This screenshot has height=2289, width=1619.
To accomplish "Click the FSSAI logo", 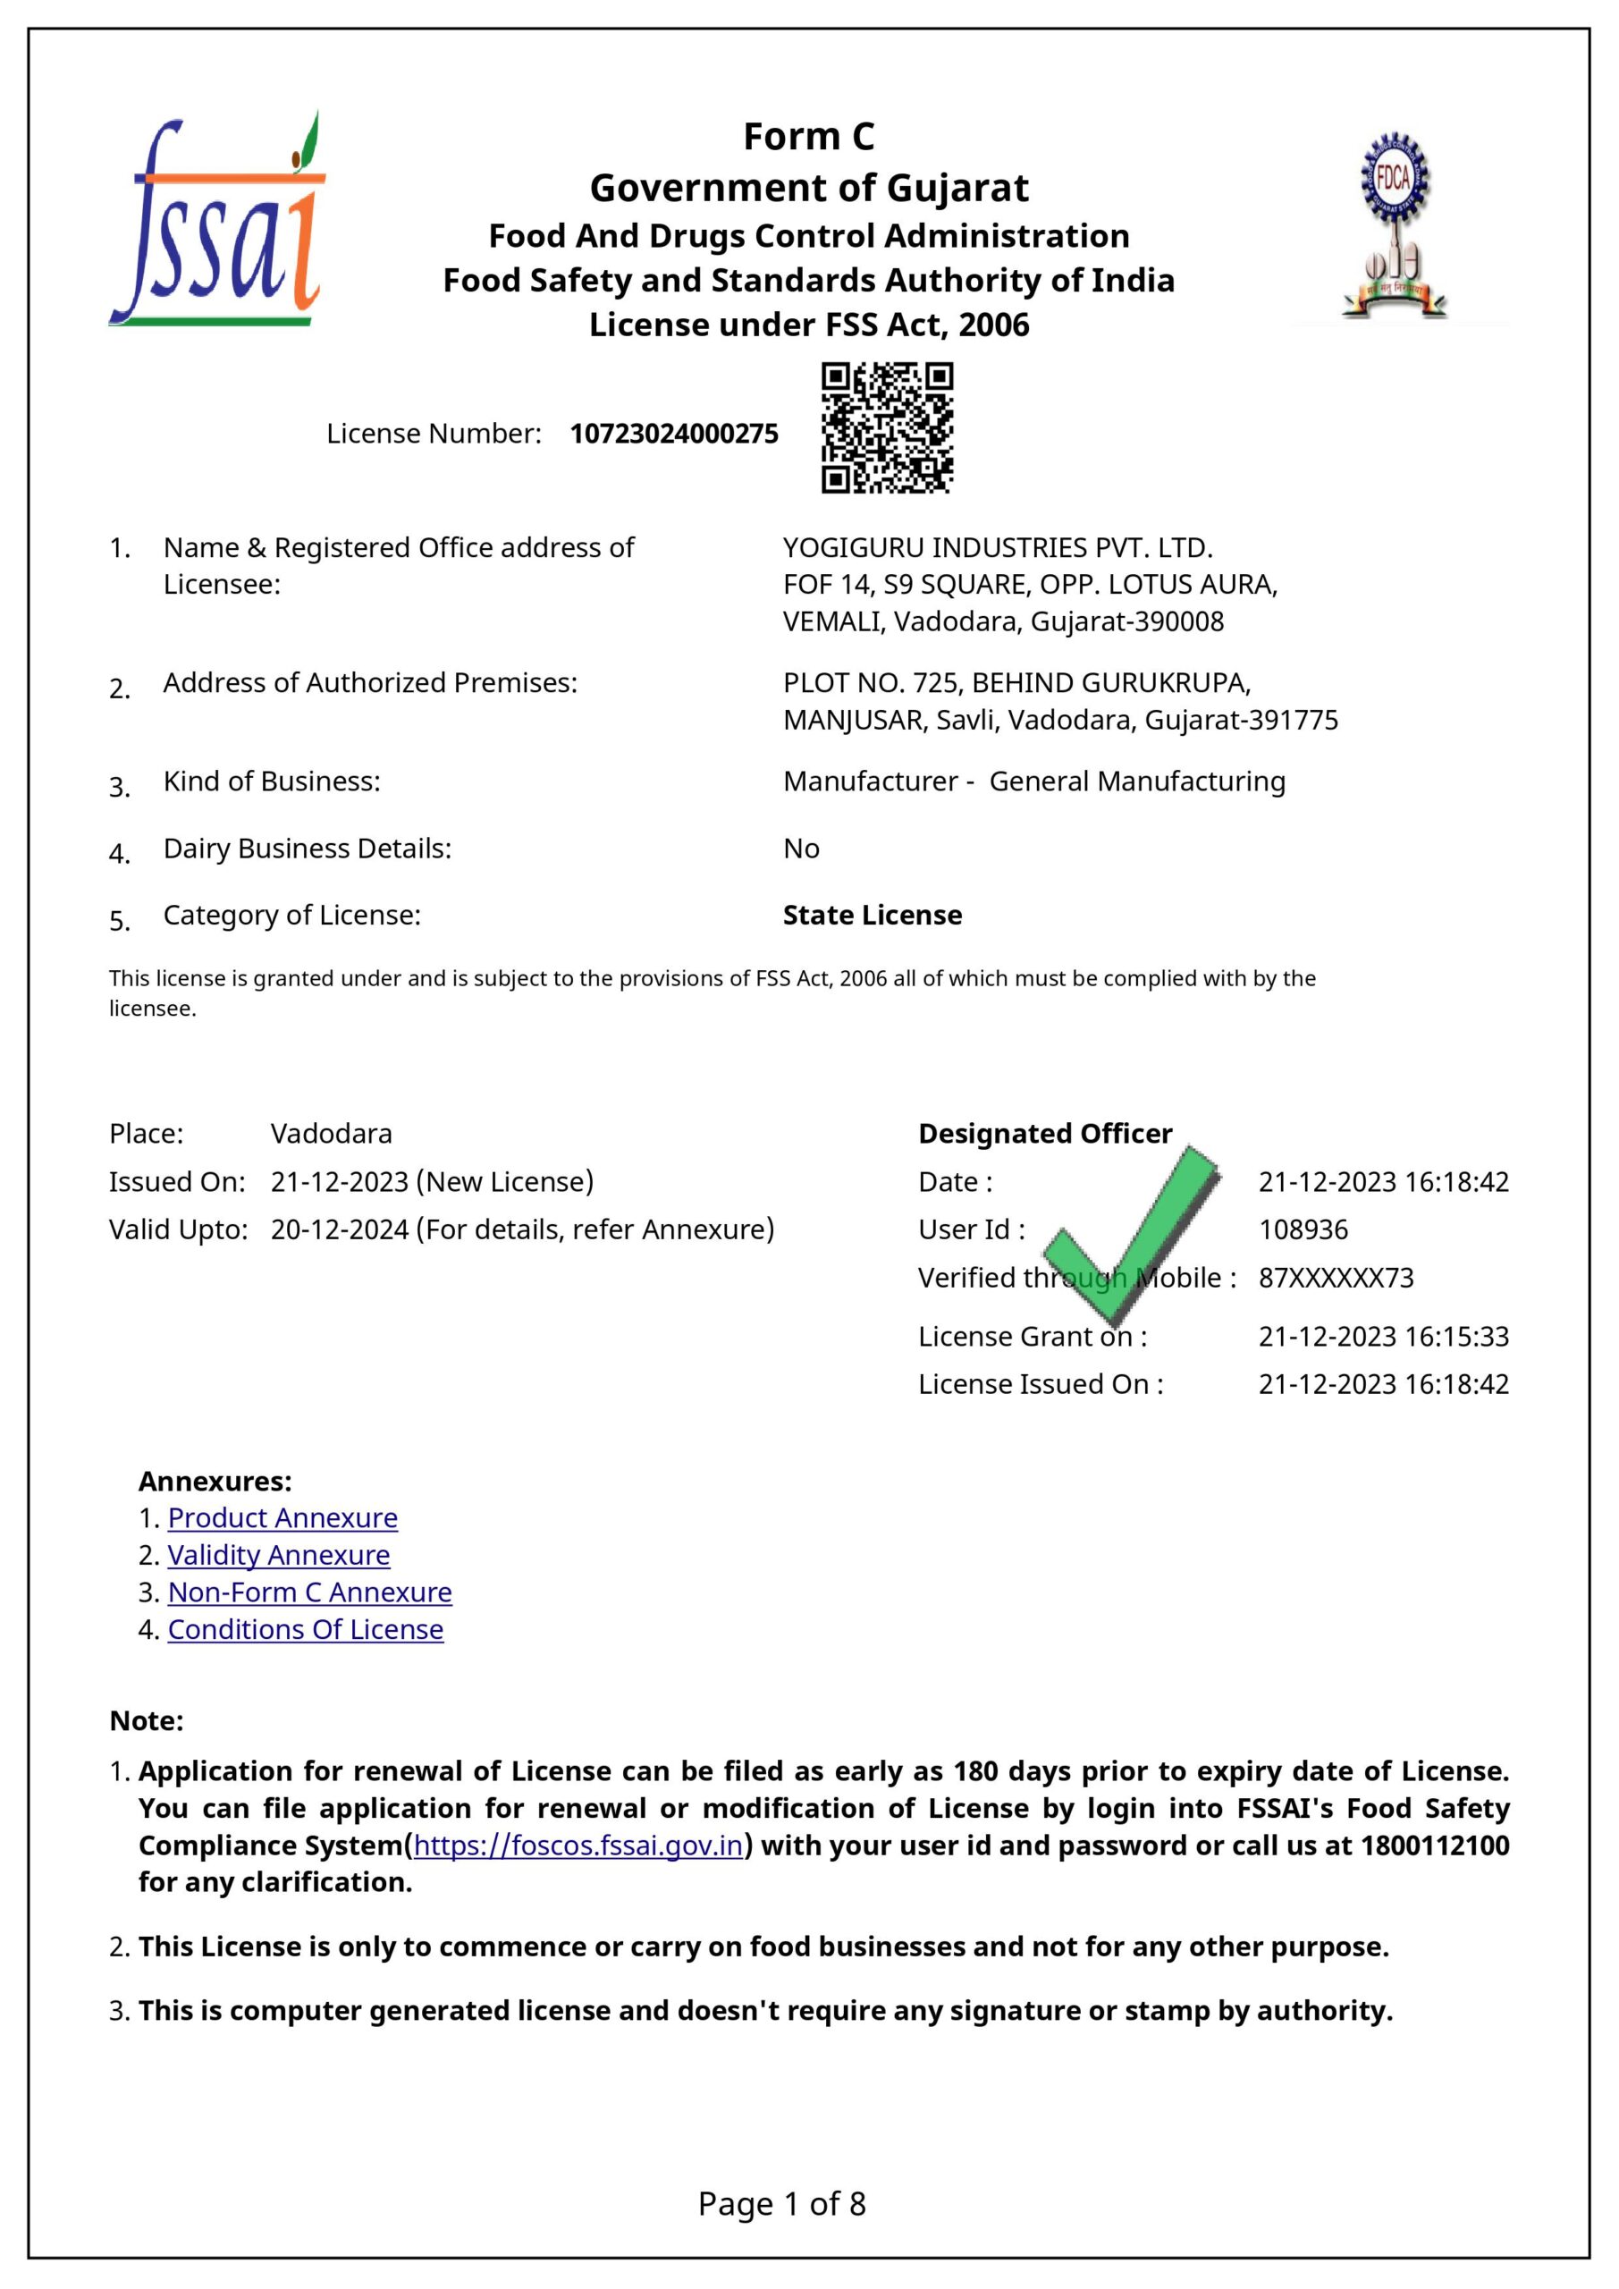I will point(217,222).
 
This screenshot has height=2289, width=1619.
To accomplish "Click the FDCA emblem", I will point(1394,228).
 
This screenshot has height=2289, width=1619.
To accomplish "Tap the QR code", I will point(886,427).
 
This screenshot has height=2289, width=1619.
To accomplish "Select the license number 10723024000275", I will point(674,434).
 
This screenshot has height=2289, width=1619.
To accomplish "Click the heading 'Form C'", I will point(808,137).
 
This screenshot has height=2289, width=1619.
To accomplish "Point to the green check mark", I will point(1132,1231).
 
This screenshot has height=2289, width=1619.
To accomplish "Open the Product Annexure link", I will point(282,1517).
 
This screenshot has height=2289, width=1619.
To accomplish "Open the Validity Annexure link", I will point(278,1554).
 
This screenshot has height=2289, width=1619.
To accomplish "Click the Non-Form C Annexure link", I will point(309,1592).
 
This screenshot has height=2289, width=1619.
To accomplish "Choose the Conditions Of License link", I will point(305,1629).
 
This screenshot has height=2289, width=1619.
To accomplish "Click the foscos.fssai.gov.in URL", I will point(578,1846).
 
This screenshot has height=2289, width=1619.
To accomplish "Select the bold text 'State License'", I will point(873,916).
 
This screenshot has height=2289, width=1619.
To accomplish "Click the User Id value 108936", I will point(1303,1229).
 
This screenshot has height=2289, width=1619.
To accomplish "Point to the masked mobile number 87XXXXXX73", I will point(1336,1277).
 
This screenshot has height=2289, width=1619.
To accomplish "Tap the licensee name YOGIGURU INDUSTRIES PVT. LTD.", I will point(997,547).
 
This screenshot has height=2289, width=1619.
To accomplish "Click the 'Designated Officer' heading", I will point(1045,1134).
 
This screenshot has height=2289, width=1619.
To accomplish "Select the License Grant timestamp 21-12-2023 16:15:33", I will point(1384,1336).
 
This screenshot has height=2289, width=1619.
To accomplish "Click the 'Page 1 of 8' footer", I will point(781,2203).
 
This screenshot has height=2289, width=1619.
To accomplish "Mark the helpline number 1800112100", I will point(1435,1846).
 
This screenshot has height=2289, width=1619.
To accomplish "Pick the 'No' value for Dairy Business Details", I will point(800,849).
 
